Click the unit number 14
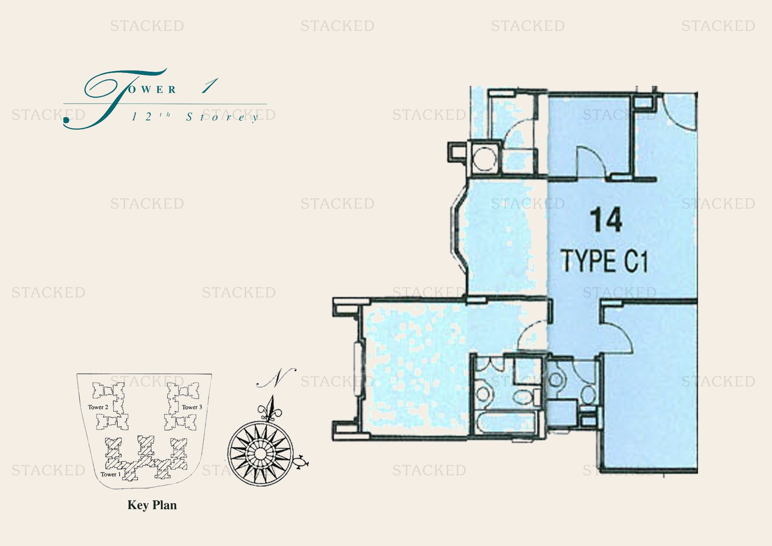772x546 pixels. pos(606,220)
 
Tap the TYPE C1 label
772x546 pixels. pos(605,261)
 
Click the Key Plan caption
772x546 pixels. pos(152,505)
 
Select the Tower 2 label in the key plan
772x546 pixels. pos(98,407)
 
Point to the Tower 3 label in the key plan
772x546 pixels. pos(192,407)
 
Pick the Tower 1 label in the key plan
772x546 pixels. pos(111,474)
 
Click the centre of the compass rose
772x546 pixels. pos(260,453)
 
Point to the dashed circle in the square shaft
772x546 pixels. pos(485,159)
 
